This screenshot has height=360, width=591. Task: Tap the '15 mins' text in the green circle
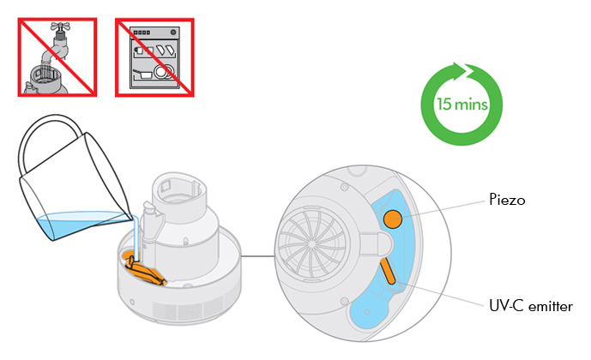[461, 105]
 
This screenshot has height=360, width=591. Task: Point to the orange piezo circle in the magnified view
[393, 219]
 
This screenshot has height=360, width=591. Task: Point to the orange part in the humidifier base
[146, 271]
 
